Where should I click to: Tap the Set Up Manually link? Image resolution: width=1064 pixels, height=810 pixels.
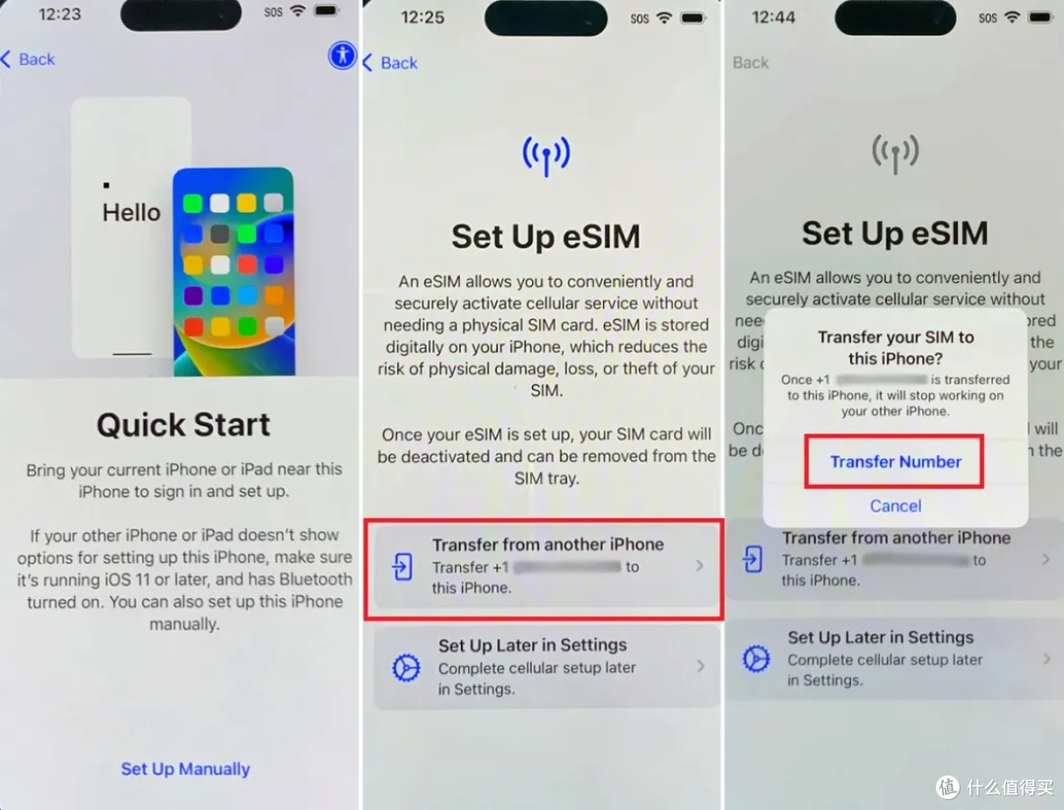click(185, 769)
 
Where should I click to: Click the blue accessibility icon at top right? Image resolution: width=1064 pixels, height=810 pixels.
click(342, 55)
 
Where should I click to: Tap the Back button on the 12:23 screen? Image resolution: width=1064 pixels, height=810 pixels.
click(29, 59)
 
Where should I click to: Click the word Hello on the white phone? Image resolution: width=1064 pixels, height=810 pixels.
click(131, 212)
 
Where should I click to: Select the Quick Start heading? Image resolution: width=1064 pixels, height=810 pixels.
click(183, 425)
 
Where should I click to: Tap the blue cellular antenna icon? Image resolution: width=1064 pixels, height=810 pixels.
click(546, 155)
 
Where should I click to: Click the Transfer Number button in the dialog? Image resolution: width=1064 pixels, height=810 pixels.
click(895, 461)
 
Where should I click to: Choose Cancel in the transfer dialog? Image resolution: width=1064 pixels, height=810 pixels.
click(896, 506)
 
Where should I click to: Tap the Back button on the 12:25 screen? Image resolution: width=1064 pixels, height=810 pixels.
click(390, 63)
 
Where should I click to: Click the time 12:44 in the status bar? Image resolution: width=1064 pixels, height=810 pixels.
click(773, 17)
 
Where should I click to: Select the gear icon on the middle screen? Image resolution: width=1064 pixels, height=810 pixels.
click(406, 668)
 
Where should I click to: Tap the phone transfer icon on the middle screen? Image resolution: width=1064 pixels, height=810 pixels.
click(402, 566)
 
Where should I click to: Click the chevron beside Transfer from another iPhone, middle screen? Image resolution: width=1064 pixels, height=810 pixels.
click(699, 566)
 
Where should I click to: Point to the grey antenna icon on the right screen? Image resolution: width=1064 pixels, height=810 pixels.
click(896, 153)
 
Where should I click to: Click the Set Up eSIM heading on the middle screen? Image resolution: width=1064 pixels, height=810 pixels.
click(546, 236)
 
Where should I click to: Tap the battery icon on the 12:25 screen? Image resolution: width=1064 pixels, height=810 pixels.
click(694, 18)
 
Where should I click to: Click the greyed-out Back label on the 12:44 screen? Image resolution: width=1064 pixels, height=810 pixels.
click(750, 62)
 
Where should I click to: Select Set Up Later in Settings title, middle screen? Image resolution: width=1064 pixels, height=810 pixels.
click(532, 645)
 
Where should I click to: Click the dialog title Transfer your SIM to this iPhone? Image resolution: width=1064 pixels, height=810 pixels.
click(896, 348)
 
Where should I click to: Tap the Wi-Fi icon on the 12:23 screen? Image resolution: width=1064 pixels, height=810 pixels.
click(298, 12)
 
